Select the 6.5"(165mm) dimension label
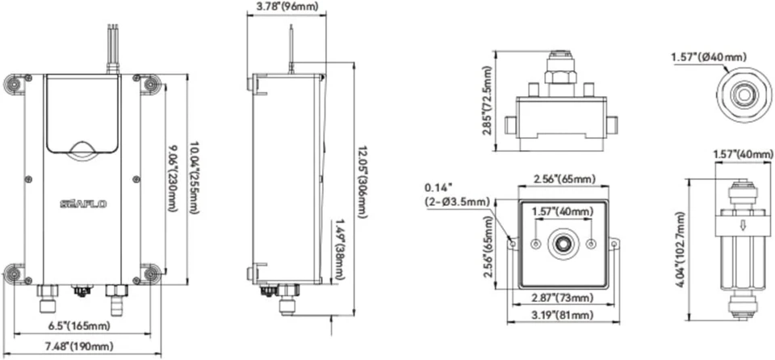[80, 326]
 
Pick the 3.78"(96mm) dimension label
[287, 8]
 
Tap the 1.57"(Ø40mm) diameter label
[708, 57]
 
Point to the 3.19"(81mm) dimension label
[559, 315]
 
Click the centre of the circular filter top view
[740, 94]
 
